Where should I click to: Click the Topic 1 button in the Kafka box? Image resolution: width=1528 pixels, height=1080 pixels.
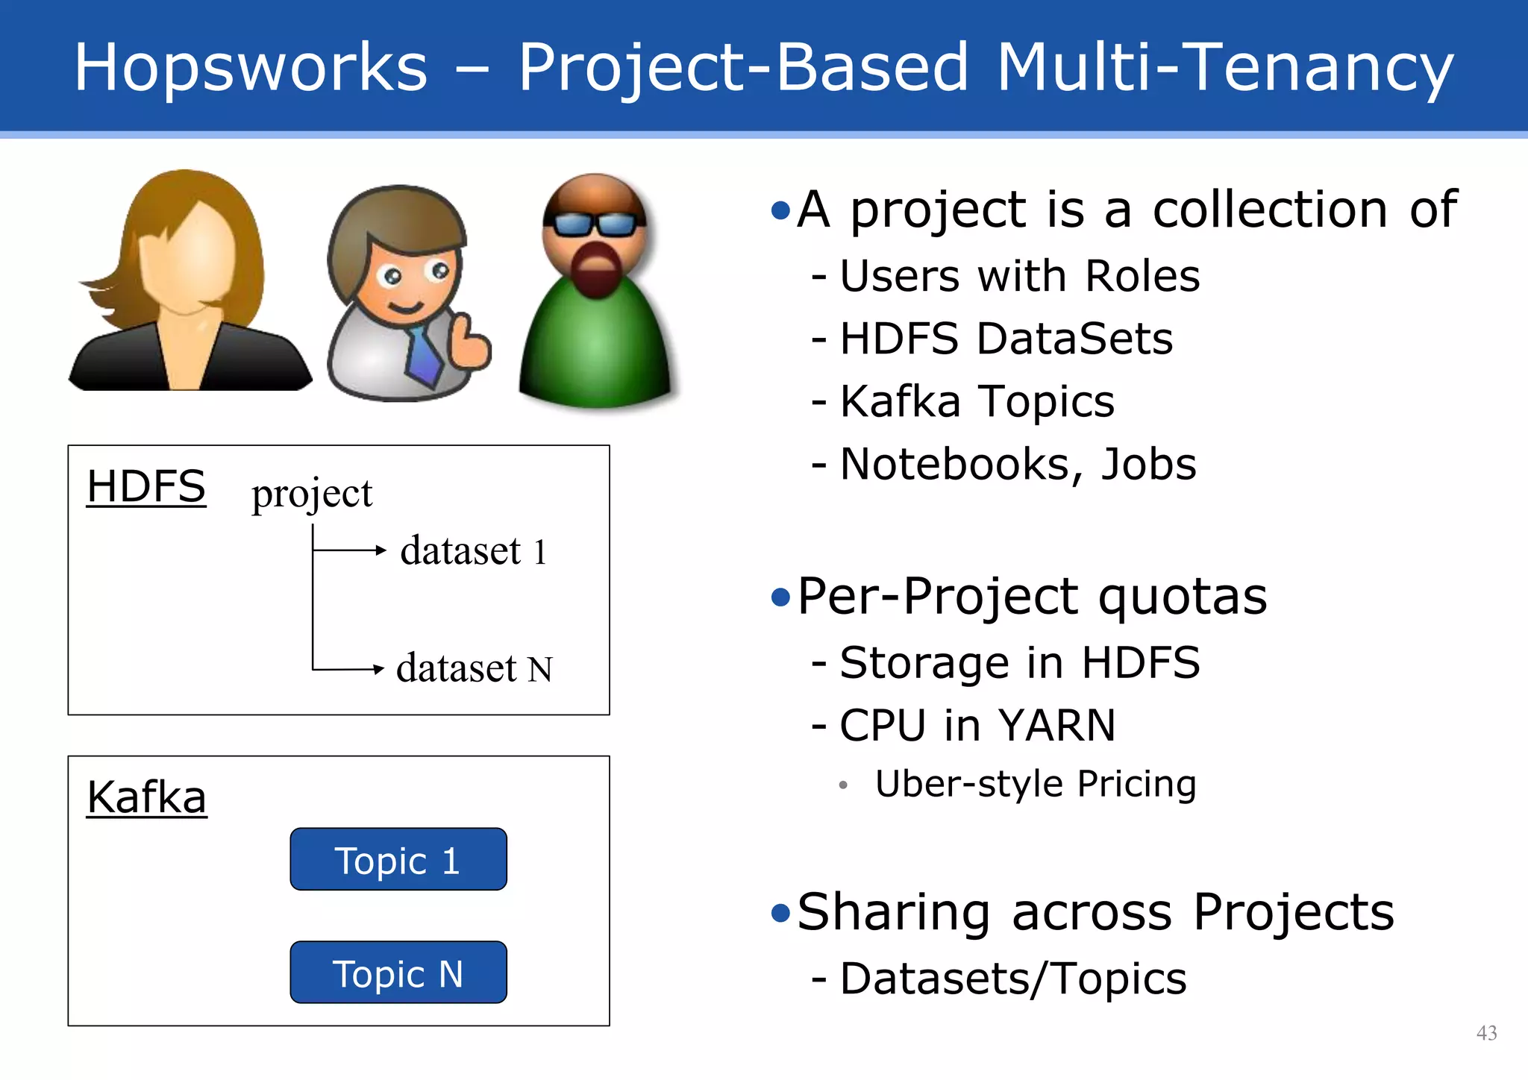398,859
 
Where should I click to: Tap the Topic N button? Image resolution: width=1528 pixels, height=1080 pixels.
398,973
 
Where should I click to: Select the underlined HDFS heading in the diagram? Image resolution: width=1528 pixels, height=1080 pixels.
145,487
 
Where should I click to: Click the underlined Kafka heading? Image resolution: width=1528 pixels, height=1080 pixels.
146,797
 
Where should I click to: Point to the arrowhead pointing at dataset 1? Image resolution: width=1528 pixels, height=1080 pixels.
381,550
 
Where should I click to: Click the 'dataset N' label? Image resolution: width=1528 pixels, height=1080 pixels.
474,668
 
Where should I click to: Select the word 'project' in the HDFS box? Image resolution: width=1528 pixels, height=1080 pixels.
311,493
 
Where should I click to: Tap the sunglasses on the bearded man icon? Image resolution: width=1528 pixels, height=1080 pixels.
594,223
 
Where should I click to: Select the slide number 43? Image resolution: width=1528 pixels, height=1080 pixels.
1486,1032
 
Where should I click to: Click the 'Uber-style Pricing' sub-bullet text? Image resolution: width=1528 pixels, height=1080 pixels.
1035,784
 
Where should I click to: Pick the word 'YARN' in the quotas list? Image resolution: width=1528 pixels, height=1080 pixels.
1056,725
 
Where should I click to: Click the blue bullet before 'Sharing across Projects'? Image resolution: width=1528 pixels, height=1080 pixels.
780,912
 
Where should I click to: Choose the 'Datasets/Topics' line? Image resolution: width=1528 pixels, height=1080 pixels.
1012,979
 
